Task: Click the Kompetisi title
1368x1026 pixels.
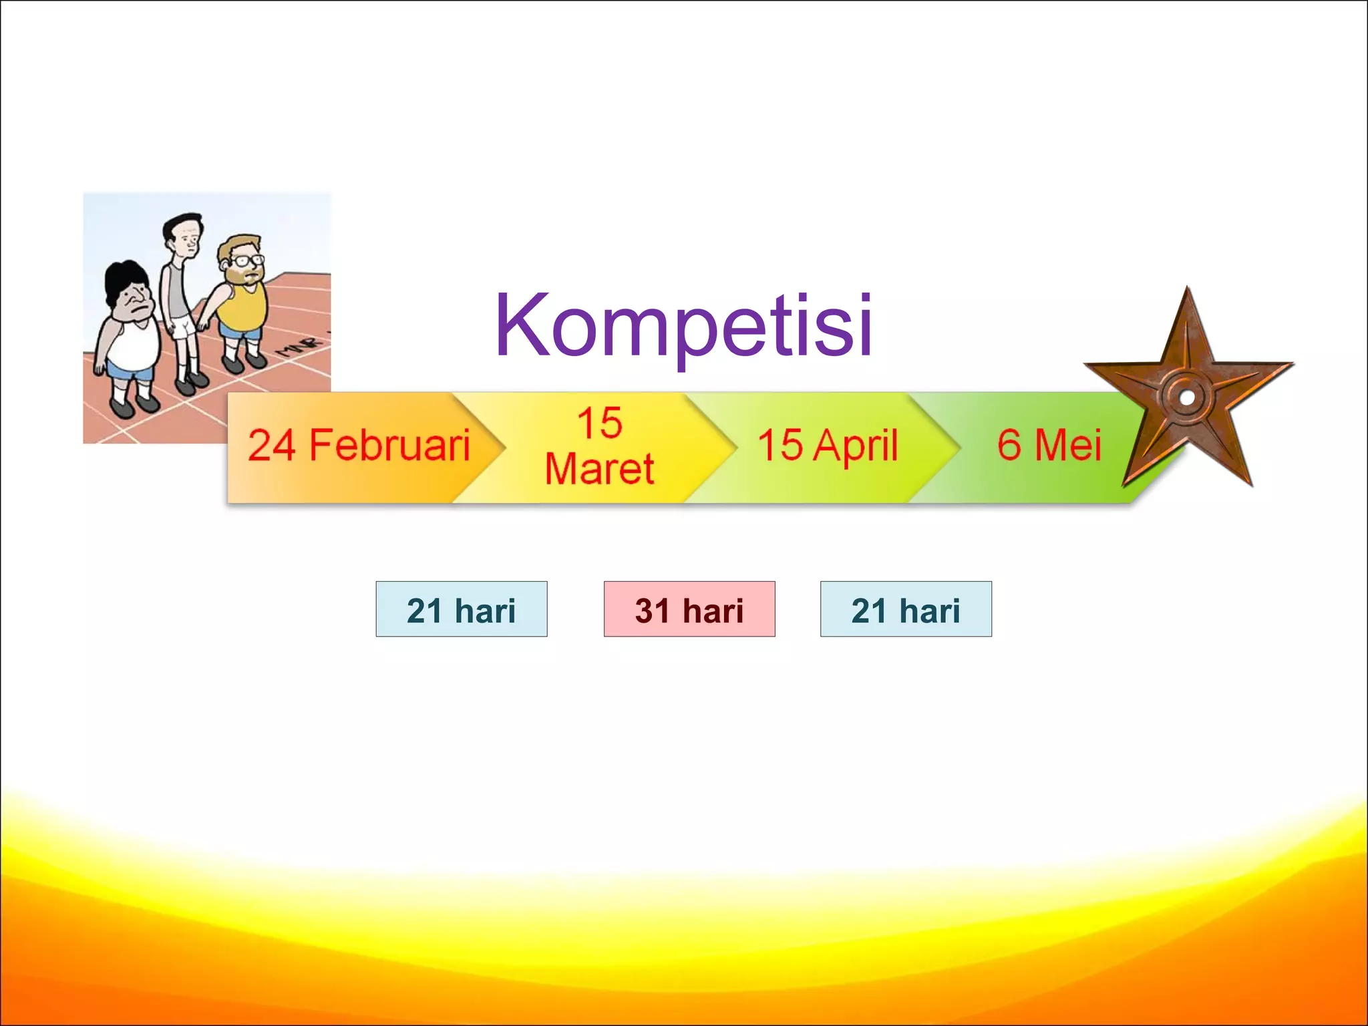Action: coord(683,327)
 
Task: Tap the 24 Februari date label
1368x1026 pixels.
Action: coord(359,446)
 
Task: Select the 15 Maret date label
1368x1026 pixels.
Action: coord(599,446)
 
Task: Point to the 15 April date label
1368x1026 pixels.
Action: coord(828,446)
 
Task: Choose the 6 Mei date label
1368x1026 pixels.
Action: coord(1049,446)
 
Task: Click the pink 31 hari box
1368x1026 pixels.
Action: coord(689,609)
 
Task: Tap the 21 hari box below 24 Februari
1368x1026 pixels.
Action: coord(461,609)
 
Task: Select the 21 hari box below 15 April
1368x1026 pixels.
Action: coord(906,609)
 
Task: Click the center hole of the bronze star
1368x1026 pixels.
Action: coord(1187,397)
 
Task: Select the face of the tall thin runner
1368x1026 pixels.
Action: coord(188,238)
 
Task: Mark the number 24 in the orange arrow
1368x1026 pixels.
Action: coord(272,446)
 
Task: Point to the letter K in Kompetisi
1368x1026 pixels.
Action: coord(525,325)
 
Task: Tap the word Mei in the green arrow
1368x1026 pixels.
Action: coord(1067,446)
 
